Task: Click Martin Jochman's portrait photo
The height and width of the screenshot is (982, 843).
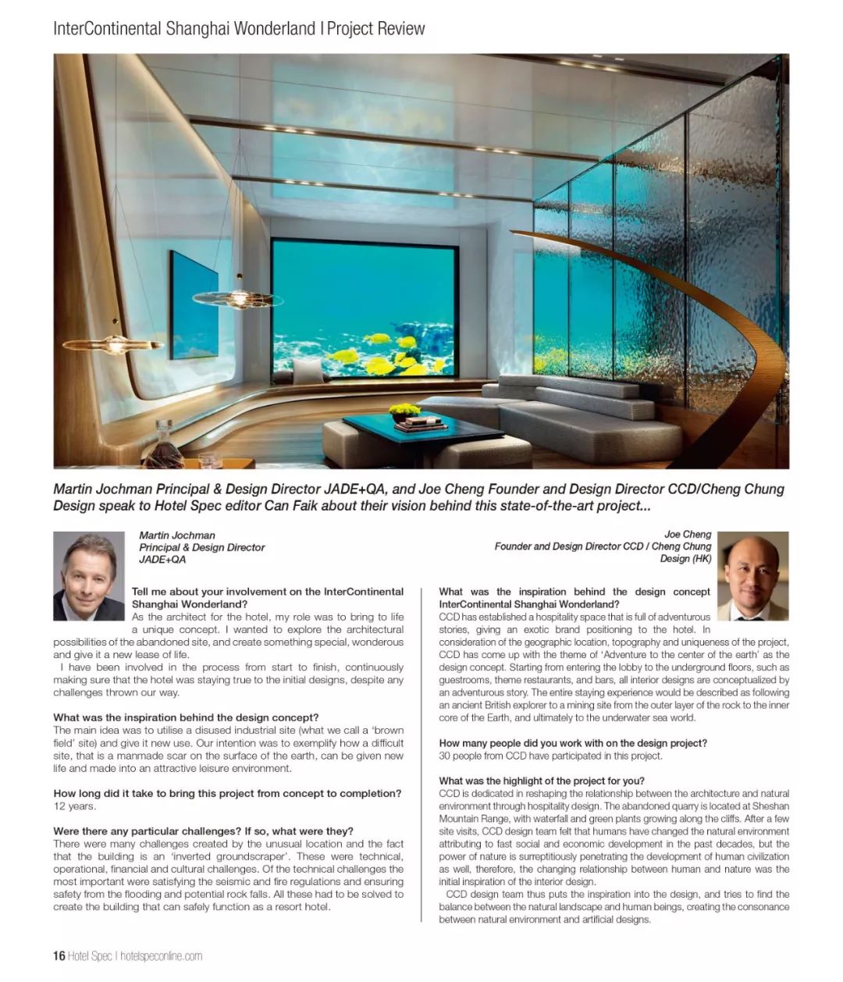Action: point(88,576)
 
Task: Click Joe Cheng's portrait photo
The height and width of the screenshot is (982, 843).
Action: point(752,576)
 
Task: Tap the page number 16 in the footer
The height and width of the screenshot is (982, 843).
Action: point(59,955)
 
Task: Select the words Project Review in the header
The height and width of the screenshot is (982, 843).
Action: point(376,29)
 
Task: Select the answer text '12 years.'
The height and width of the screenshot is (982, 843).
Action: point(75,806)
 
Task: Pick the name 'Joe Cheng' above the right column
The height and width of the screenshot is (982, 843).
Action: point(688,535)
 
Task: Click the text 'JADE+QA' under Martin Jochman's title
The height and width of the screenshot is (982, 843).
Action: point(162,560)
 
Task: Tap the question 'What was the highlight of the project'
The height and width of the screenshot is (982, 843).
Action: point(542,781)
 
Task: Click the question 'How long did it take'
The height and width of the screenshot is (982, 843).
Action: point(227,793)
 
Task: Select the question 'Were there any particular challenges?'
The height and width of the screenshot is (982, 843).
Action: point(203,831)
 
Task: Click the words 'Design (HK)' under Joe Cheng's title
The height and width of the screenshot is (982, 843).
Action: point(685,559)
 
